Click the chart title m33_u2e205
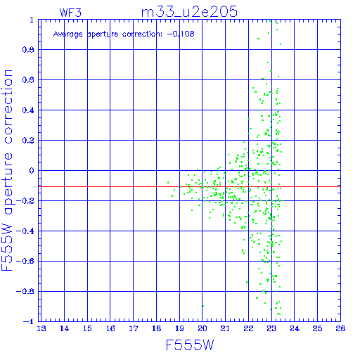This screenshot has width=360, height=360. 189,12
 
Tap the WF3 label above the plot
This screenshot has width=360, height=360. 70,13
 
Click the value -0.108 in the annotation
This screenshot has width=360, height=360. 181,34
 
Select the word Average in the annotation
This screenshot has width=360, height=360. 68,34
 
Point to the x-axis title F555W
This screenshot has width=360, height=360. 190,345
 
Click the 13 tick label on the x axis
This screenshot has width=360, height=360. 41,328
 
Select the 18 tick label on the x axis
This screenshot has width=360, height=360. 156,328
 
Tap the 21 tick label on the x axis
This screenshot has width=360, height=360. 225,328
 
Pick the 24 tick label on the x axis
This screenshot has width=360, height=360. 295,328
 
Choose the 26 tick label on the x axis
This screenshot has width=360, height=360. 340,328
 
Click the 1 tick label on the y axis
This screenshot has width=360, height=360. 32,20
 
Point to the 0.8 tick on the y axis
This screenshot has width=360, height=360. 28,50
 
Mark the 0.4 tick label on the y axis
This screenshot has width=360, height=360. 28,110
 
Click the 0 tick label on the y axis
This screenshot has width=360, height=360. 32,171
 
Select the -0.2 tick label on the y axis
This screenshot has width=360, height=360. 25,201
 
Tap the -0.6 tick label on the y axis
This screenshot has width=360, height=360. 25,261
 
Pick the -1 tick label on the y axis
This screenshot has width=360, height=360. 29,321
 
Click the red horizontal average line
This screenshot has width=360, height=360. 189,186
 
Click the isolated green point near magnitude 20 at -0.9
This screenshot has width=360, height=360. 203,306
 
